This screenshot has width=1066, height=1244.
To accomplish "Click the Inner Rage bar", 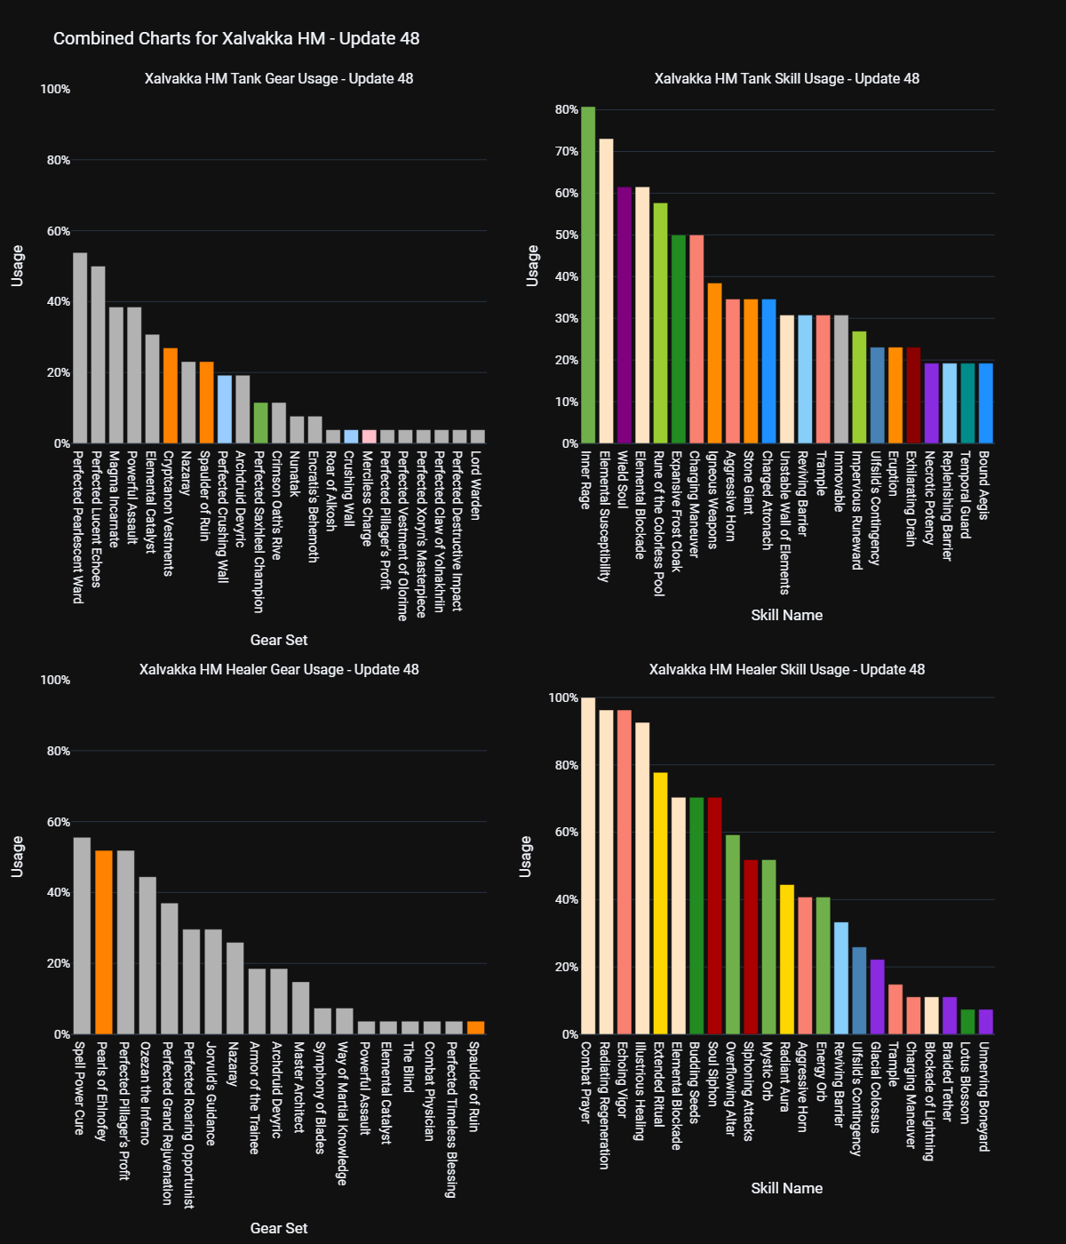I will coord(588,275).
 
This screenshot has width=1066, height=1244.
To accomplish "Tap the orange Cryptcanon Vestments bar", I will coord(171,395).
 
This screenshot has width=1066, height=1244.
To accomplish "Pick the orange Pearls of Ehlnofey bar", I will coord(104,942).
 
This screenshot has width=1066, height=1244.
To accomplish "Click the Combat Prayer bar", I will coord(588,866).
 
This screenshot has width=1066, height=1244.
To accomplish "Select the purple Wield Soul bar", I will coord(624,315).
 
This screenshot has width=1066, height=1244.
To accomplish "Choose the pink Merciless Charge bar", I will coord(369,436).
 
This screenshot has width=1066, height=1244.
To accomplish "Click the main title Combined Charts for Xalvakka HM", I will coord(236,38).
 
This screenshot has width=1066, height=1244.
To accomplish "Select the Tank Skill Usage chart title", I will coord(787,78).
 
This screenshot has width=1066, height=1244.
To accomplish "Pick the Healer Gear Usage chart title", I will coord(279,669).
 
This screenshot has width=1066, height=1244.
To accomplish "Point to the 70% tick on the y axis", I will coord(567,152).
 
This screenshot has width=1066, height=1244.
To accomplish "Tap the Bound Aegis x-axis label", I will coord(984,485).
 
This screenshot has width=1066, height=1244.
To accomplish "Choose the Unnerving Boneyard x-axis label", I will coord(984,1096).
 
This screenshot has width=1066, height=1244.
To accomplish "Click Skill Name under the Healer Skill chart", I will coord(787,1188).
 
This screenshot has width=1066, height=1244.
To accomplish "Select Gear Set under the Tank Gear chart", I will coord(279,640).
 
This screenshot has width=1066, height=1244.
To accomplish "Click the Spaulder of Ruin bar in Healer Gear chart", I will coord(476,1028).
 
